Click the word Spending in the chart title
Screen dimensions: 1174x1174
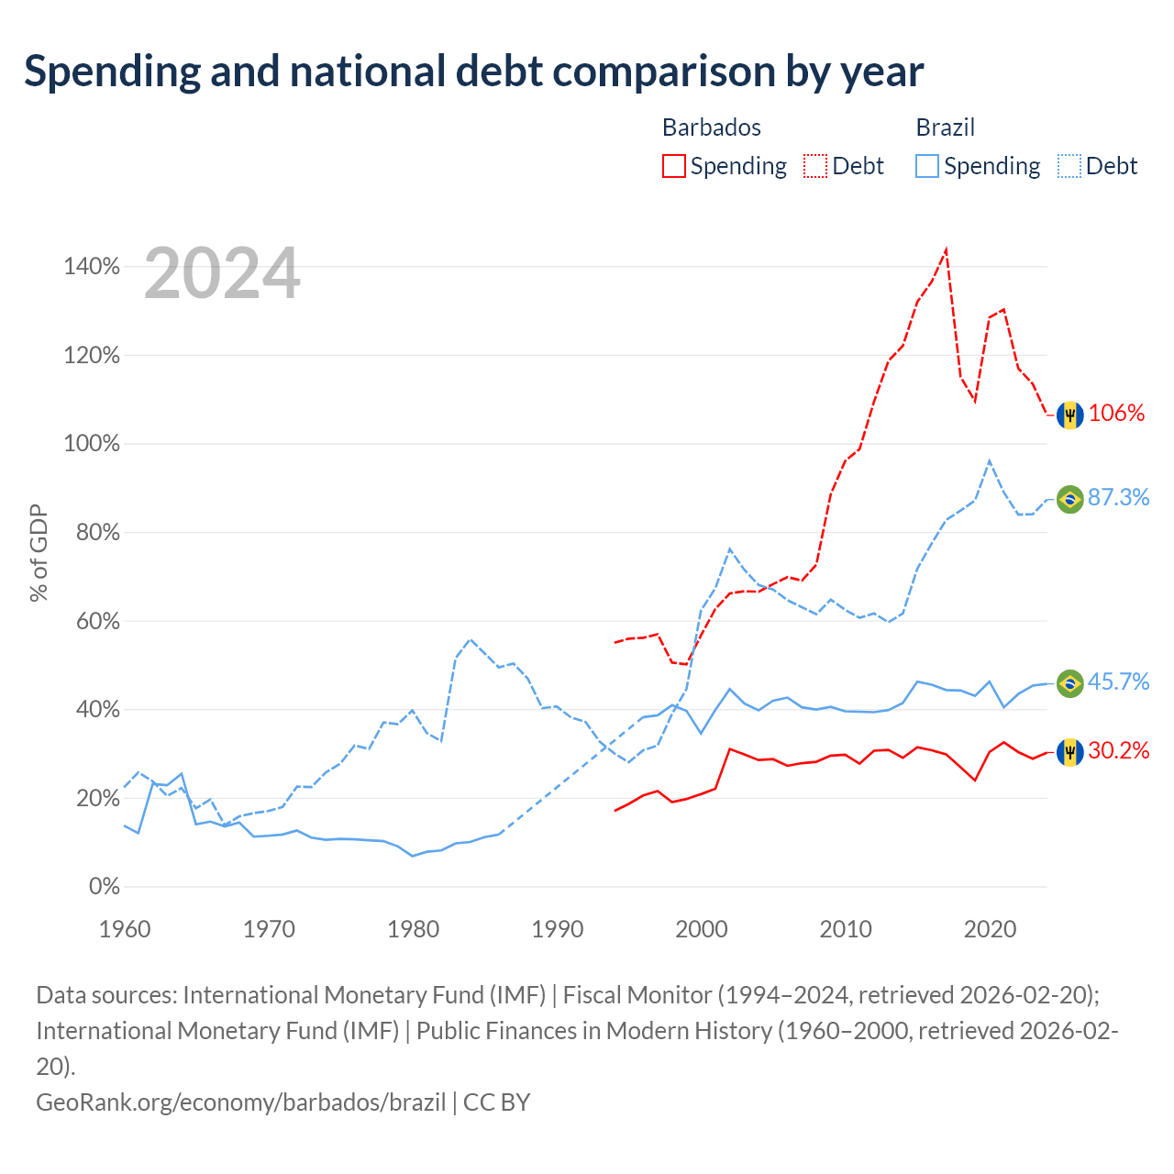coord(112,72)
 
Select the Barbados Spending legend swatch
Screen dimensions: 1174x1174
coord(673,166)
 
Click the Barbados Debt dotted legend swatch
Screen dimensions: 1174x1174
coord(814,166)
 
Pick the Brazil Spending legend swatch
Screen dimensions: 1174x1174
coord(926,166)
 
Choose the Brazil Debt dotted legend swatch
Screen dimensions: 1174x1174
coord(1069,166)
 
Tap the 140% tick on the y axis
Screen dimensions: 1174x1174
coord(92,266)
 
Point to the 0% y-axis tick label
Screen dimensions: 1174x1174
coord(105,886)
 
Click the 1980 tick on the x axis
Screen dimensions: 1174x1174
coord(413,929)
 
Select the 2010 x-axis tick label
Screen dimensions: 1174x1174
coord(846,929)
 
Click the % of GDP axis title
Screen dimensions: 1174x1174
coord(39,552)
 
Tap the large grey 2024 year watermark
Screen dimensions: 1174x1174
coord(222,273)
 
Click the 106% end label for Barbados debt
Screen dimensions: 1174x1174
coord(1116,413)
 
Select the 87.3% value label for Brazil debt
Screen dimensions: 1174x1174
coord(1119,497)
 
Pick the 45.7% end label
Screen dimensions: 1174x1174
coord(1119,681)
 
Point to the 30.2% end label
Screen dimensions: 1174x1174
coord(1119,750)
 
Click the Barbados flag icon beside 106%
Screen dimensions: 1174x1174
coord(1069,415)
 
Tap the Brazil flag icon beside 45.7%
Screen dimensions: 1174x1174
coord(1069,683)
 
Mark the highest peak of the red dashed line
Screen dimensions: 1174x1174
coord(947,249)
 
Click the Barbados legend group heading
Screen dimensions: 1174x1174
coord(712,127)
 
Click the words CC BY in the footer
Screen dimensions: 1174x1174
coord(496,1102)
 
